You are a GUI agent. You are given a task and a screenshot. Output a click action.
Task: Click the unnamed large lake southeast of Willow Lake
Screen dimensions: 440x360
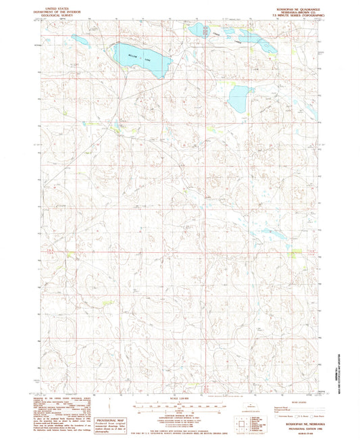[239, 99]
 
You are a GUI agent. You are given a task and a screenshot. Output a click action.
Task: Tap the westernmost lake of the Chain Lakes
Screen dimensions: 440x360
[198, 30]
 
